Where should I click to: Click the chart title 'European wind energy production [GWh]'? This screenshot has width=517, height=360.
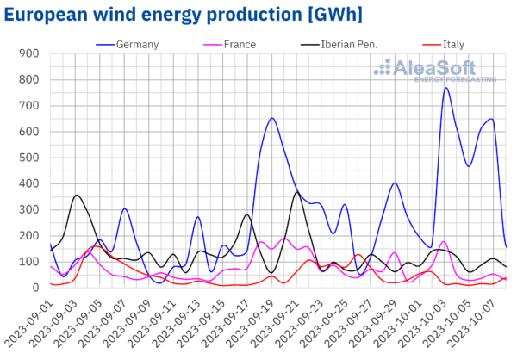(x=182, y=14)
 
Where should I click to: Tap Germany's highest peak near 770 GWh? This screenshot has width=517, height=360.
(x=446, y=87)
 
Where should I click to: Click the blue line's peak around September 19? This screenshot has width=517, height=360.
(x=272, y=118)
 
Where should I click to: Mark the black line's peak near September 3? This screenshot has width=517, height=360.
(x=77, y=195)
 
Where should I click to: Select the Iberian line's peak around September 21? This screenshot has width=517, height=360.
(x=296, y=192)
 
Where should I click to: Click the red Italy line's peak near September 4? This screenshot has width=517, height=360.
(x=94, y=246)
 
